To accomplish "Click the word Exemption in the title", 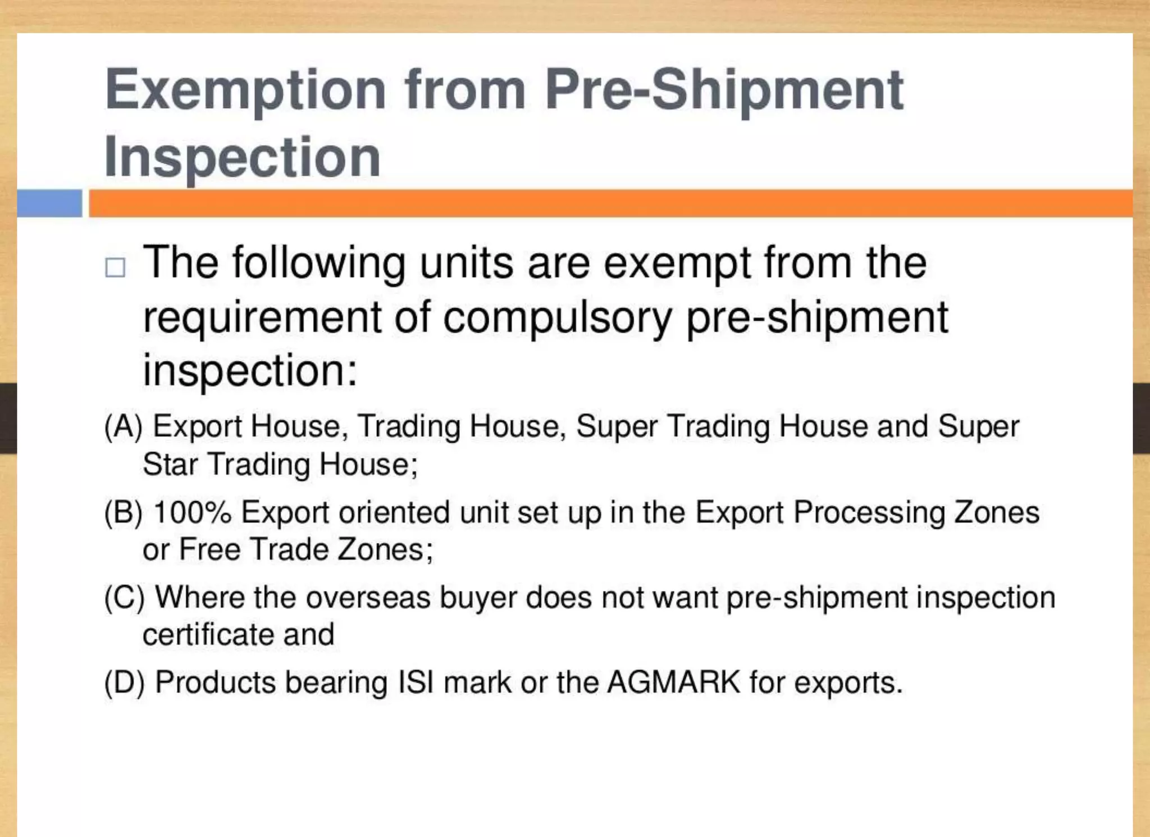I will (245, 90).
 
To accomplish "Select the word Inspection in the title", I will (242, 157).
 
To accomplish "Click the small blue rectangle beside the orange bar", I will (49, 203).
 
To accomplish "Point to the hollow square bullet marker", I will (115, 267).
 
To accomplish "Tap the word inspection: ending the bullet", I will (250, 371).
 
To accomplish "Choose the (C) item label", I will (124, 598).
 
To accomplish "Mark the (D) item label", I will (124, 683).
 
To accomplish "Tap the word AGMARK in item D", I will (674, 683).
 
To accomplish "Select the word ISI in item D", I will (416, 683).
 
